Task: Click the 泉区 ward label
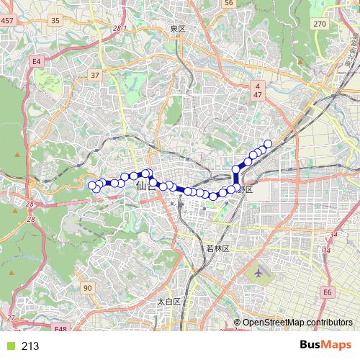[x=178, y=28]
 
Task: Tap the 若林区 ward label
[x=217, y=248]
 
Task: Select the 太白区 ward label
[x=168, y=301]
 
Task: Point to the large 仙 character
[x=140, y=186]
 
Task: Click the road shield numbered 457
[x=7, y=20]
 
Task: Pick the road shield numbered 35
[x=55, y=20]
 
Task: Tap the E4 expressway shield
[x=36, y=63]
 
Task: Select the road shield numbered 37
[x=95, y=75]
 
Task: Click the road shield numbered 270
[x=320, y=24]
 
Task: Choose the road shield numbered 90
[x=87, y=288]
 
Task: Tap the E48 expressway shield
[x=60, y=329]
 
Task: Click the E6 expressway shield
[x=328, y=292]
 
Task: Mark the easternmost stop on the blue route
[x=269, y=144]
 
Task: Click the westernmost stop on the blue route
[x=92, y=187]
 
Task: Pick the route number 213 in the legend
[x=30, y=346]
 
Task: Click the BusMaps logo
[x=325, y=345]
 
